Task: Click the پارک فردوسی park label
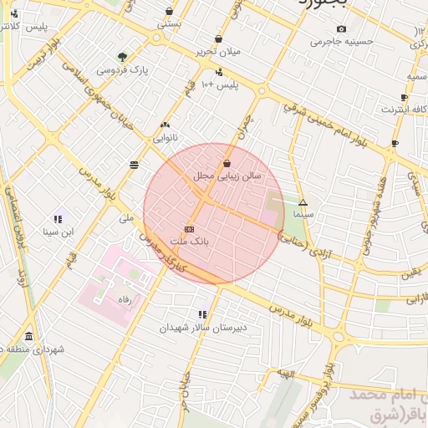[122, 70]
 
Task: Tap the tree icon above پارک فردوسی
[123, 57]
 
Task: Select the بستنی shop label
[169, 25]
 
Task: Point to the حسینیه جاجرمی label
[341, 41]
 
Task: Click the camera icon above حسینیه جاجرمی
[341, 29]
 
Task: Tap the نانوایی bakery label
[163, 137]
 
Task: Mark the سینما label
[302, 215]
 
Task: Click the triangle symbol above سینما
[303, 202]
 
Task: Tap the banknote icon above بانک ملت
[189, 228]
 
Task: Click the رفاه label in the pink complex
[125, 298]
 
